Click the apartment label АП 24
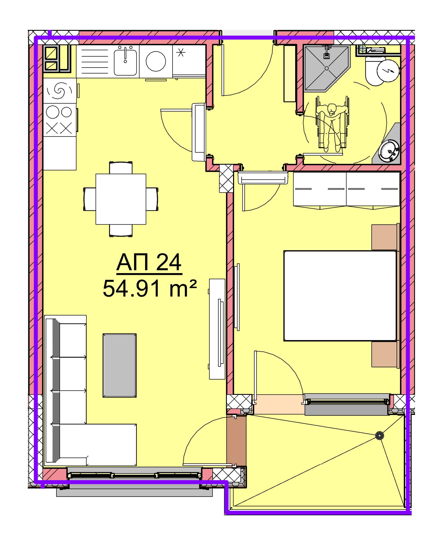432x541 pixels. pos(149,263)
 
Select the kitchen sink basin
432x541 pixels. pos(125,62)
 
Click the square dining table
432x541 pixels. pos(121,199)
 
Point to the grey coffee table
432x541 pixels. pos(120,365)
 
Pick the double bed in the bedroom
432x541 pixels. pos(340,296)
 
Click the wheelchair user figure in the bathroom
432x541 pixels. pos(332,124)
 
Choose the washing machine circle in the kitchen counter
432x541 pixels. pos(156,62)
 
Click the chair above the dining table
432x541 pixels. pos(121,168)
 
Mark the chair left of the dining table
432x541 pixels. pos(90,199)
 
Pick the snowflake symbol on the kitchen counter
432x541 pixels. pos(181,53)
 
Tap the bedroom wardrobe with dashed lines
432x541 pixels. pos(346,189)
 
